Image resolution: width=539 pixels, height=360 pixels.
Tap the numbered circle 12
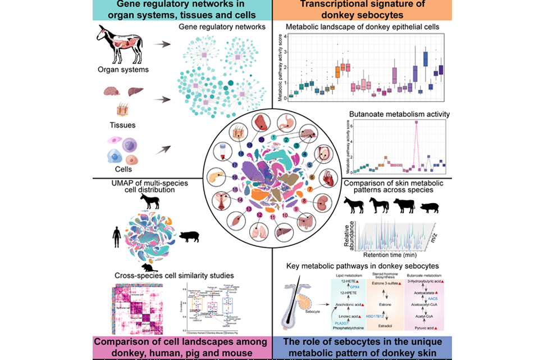point(259,214)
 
